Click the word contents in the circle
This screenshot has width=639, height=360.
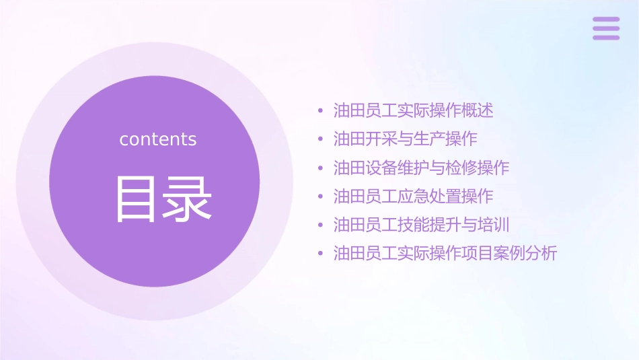click(x=158, y=139)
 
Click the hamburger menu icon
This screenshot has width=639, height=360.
click(x=606, y=28)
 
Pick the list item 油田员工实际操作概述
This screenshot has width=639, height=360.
click(x=413, y=110)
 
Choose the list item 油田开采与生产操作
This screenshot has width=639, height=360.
click(x=405, y=139)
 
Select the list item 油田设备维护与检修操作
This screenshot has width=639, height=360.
click(x=421, y=168)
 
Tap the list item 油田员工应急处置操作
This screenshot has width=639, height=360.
click(x=413, y=196)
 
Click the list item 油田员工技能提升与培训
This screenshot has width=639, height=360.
click(x=421, y=225)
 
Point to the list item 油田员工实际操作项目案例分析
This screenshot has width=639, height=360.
click(x=445, y=254)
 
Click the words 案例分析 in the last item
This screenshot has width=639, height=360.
click(x=525, y=254)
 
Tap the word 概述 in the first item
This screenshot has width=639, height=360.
click(x=478, y=110)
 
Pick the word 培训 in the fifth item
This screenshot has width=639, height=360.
click(x=494, y=225)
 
